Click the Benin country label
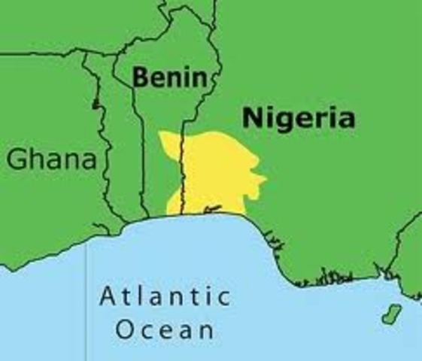click(168, 77)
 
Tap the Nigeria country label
click(298, 118)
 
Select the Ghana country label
click(53, 159)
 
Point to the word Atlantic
click(165, 296)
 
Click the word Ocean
click(165, 329)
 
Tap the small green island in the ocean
click(390, 315)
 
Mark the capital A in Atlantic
click(108, 296)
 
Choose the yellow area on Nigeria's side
click(218, 173)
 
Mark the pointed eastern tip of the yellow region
click(265, 180)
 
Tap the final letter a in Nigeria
click(345, 119)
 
